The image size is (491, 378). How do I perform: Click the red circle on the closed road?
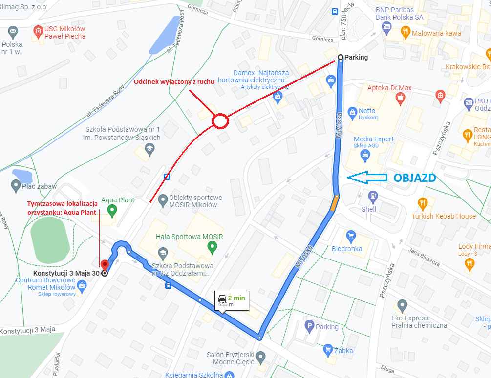[x=220, y=121]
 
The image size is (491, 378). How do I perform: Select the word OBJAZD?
[x=414, y=178]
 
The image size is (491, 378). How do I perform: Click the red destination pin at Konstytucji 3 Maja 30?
[x=102, y=264]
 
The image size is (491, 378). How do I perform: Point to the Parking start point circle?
[x=340, y=58]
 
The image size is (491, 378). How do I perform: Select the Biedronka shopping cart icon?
[x=350, y=237]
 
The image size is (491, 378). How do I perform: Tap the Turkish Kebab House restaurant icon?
[x=423, y=203]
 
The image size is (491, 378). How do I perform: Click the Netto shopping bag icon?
[x=353, y=112]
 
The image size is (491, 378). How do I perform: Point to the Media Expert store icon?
[x=364, y=156]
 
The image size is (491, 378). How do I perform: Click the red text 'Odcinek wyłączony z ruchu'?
[x=174, y=82]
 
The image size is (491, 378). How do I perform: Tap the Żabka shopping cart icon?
[x=328, y=349]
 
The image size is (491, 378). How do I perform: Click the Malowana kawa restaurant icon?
[x=405, y=33]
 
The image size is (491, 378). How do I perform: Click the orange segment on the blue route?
[x=335, y=203]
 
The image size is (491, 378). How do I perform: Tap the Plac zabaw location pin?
[x=15, y=186]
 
